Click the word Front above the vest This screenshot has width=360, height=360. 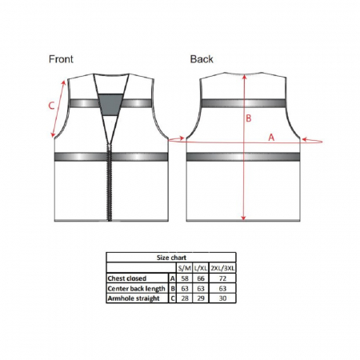pyautogui.click(x=61, y=59)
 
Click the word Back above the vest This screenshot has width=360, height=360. pyautogui.click(x=202, y=59)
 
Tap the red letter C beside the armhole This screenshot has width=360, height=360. pyautogui.click(x=51, y=106)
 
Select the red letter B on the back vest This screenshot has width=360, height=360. pyautogui.click(x=248, y=118)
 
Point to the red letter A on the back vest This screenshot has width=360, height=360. pyautogui.click(x=271, y=138)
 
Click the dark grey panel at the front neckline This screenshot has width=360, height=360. pyautogui.click(x=111, y=105)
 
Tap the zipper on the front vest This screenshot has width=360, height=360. pyautogui.click(x=110, y=182)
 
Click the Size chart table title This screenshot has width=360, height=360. pyautogui.click(x=171, y=258)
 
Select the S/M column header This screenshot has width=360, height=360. pyautogui.click(x=185, y=268)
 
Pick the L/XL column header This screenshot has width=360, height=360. pyautogui.click(x=201, y=268)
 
